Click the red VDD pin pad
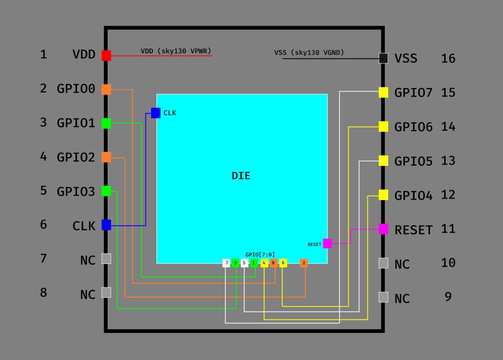pyautogui.click(x=106, y=55)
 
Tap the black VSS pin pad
pyautogui.click(x=383, y=58)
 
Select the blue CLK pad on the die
pyautogui.click(x=155, y=113)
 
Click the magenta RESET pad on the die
pyautogui.click(x=327, y=243)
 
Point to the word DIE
pyautogui.click(x=241, y=176)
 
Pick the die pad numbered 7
pyautogui.click(x=226, y=263)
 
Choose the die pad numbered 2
pyautogui.click(x=304, y=263)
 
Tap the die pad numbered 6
pyautogui.click(x=283, y=263)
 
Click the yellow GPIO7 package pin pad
pyautogui.click(x=383, y=93)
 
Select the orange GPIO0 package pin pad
pyautogui.click(x=106, y=89)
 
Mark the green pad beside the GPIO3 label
pyautogui.click(x=106, y=191)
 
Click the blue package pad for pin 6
pyautogui.click(x=106, y=225)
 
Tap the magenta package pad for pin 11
pyautogui.click(x=383, y=229)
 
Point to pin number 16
pyautogui.click(x=448, y=58)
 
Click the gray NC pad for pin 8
pyautogui.click(x=106, y=292)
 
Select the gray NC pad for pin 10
pyautogui.click(x=383, y=263)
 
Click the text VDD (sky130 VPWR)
pyautogui.click(x=176, y=51)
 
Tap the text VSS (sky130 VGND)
pyautogui.click(x=309, y=52)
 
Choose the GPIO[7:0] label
pyautogui.click(x=260, y=254)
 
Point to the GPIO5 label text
pyautogui.click(x=413, y=162)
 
